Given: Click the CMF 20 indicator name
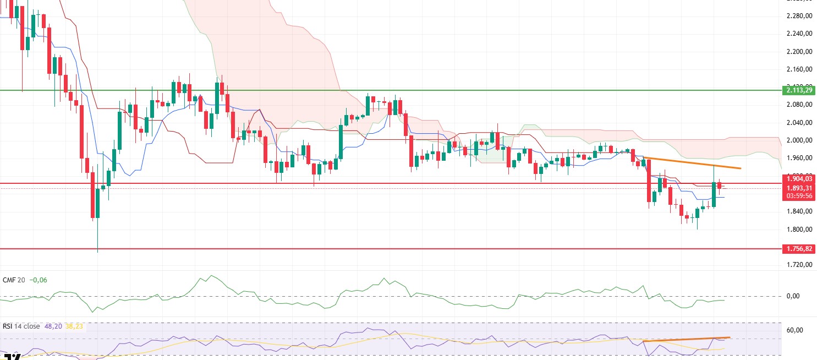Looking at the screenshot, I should pyautogui.click(x=14, y=280).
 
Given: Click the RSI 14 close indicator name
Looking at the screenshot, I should pyautogui.click(x=21, y=326).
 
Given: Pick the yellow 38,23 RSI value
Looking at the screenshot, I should pyautogui.click(x=74, y=326).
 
